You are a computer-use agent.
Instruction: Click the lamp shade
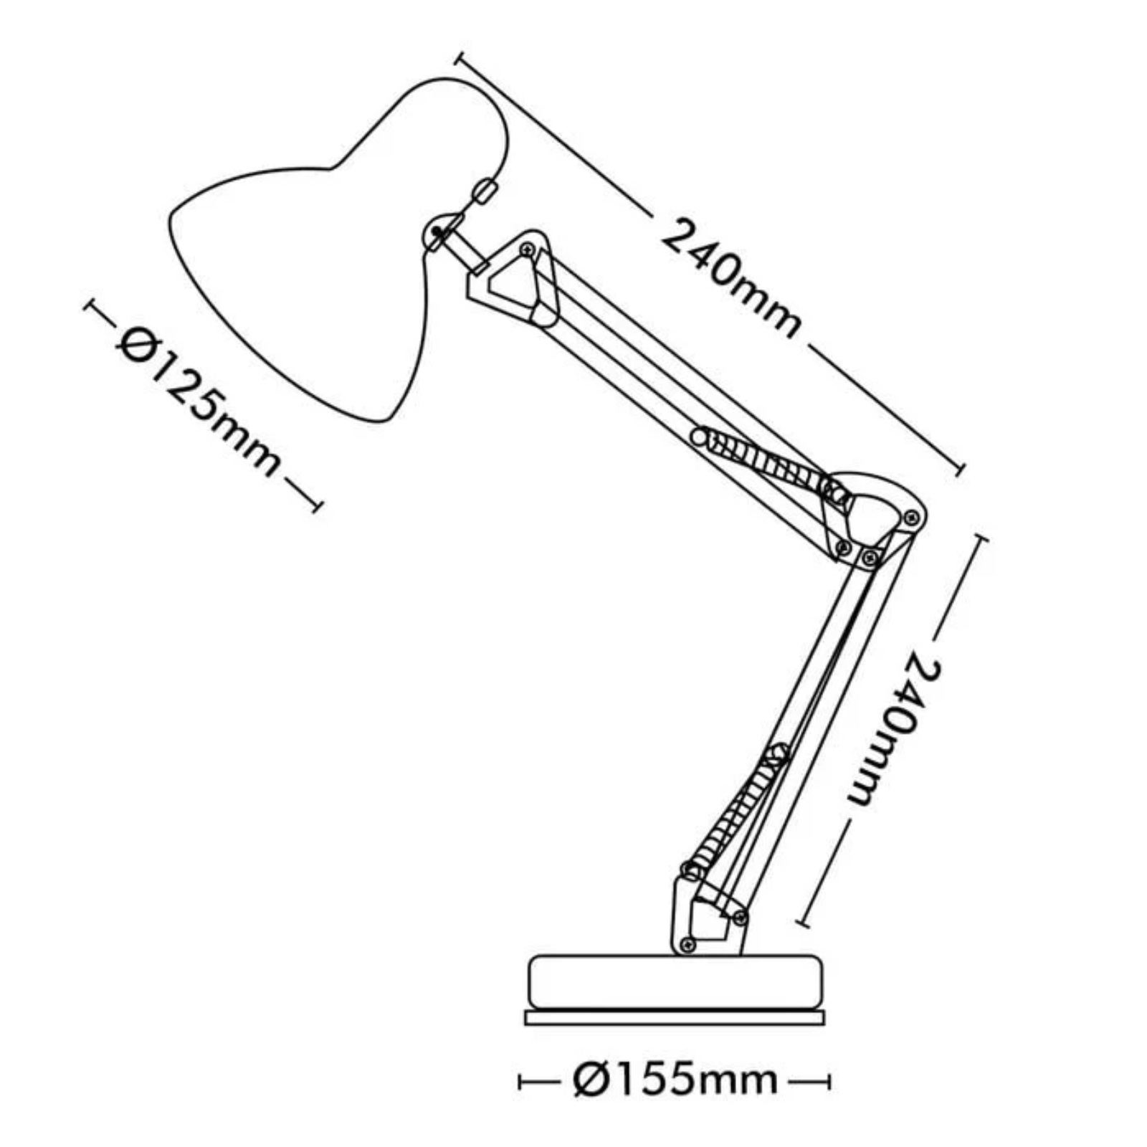click(x=323, y=272)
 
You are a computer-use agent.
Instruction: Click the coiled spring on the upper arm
click(x=771, y=462)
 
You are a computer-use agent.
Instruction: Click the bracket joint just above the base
click(x=706, y=918)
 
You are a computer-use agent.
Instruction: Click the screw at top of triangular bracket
click(x=528, y=249)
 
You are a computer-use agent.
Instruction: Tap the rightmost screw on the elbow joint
click(x=911, y=517)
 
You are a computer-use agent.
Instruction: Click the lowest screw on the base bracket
click(x=688, y=944)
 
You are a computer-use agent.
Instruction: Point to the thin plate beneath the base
click(x=674, y=1017)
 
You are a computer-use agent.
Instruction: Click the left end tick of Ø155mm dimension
click(x=521, y=1081)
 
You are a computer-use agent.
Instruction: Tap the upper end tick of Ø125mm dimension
click(x=90, y=306)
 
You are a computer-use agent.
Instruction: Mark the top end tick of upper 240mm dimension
click(x=460, y=57)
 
